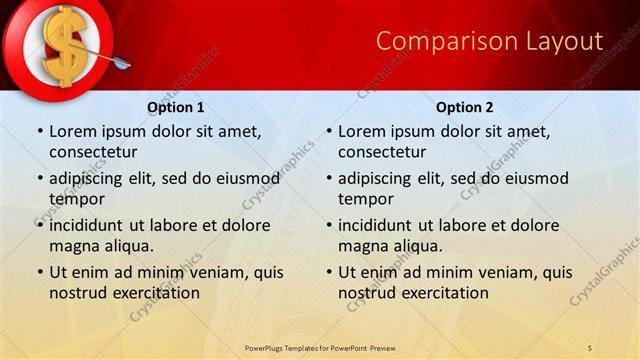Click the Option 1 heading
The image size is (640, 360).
[175, 107]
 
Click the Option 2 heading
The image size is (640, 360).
[464, 107]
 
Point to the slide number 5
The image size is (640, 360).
[590, 347]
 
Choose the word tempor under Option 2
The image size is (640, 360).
[366, 199]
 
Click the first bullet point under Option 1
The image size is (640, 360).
[39, 132]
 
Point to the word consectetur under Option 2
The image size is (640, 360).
[381, 152]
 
